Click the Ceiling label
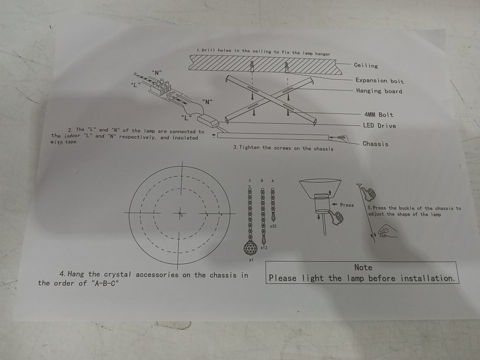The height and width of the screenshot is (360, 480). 366,65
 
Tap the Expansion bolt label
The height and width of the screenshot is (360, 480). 379,81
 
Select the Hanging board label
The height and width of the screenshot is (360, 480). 379,91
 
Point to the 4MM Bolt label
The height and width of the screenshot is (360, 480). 378,115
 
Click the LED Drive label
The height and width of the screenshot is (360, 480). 379,125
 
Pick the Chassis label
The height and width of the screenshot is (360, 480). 375,144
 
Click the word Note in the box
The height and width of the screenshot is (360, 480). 363,267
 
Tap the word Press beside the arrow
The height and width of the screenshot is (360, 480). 347,205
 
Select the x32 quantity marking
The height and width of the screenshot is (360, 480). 273,226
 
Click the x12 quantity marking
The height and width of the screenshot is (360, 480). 264,247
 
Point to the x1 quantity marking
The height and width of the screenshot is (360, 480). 251,260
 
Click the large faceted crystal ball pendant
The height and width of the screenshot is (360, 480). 250,247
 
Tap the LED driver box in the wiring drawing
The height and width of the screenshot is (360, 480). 208,120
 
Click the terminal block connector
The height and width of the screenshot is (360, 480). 160,87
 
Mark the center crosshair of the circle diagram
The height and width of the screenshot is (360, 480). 180,213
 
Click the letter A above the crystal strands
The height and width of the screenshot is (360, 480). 272,181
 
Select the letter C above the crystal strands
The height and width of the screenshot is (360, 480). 250,180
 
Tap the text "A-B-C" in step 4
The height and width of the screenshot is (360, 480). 104,283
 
